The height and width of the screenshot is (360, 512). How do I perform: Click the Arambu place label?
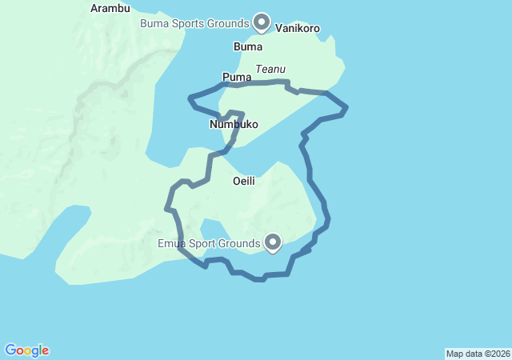click(110, 8)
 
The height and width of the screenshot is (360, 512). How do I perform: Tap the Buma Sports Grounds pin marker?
click(262, 22)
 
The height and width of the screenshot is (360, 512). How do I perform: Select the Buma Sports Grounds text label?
click(195, 23)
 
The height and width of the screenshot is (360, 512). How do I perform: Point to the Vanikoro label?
click(298, 28)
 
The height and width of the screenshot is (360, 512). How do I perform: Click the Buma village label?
click(247, 46)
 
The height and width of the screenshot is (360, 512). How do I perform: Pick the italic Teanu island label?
click(270, 70)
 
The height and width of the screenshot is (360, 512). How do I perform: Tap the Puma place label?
click(236, 77)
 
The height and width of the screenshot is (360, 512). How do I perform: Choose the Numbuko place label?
click(234, 125)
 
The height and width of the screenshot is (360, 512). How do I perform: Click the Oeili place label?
click(243, 181)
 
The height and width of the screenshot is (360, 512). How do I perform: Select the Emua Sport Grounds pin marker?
click(273, 242)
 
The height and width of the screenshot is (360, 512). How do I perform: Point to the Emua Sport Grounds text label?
click(209, 242)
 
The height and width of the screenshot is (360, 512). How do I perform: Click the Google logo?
click(27, 350)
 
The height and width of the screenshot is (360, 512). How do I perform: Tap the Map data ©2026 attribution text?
click(478, 354)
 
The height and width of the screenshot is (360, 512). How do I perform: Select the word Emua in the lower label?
click(171, 242)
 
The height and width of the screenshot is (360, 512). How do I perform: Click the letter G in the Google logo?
click(11, 350)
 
